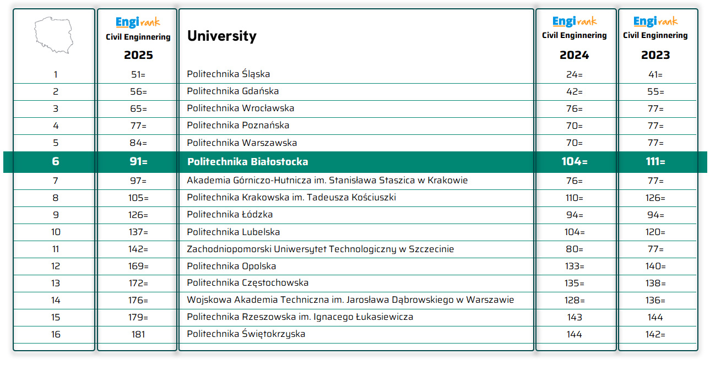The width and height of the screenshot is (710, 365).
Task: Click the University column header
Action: pyautogui.click(x=221, y=36)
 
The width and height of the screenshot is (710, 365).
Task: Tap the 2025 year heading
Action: pyautogui.click(x=138, y=55)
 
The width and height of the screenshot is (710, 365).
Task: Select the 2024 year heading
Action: pyautogui.click(x=574, y=55)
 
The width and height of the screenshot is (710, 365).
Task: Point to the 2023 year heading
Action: pyautogui.click(x=655, y=55)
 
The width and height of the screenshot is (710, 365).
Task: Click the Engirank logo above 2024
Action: pyautogui.click(x=574, y=21)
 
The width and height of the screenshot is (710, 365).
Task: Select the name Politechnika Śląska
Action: pyautogui.click(x=228, y=74)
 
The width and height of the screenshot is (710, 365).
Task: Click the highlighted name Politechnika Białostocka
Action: pyautogui.click(x=247, y=162)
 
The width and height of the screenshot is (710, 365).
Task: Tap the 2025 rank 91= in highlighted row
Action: pyautogui.click(x=138, y=162)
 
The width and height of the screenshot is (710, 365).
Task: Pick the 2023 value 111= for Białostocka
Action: pyautogui.click(x=655, y=162)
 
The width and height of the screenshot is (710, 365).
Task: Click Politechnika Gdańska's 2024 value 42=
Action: pyautogui.click(x=574, y=91)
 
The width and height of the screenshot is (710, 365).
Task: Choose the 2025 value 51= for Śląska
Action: pyautogui.click(x=138, y=74)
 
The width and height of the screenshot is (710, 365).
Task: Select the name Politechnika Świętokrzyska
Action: pyautogui.click(x=246, y=334)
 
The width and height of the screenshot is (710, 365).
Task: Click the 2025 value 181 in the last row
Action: pyautogui.click(x=138, y=334)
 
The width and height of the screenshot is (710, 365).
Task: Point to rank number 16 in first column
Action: pyautogui.click(x=56, y=334)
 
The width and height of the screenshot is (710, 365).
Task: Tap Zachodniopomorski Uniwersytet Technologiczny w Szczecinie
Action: pyautogui.click(x=320, y=249)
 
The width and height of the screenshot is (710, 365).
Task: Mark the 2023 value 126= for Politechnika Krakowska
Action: pyautogui.click(x=655, y=198)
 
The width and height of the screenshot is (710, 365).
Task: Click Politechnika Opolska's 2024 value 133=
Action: pyautogui.click(x=574, y=266)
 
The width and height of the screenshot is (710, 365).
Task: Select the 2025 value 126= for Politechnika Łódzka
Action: pyautogui.click(x=138, y=215)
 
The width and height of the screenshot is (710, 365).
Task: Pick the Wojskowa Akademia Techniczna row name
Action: pyautogui.click(x=350, y=300)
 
